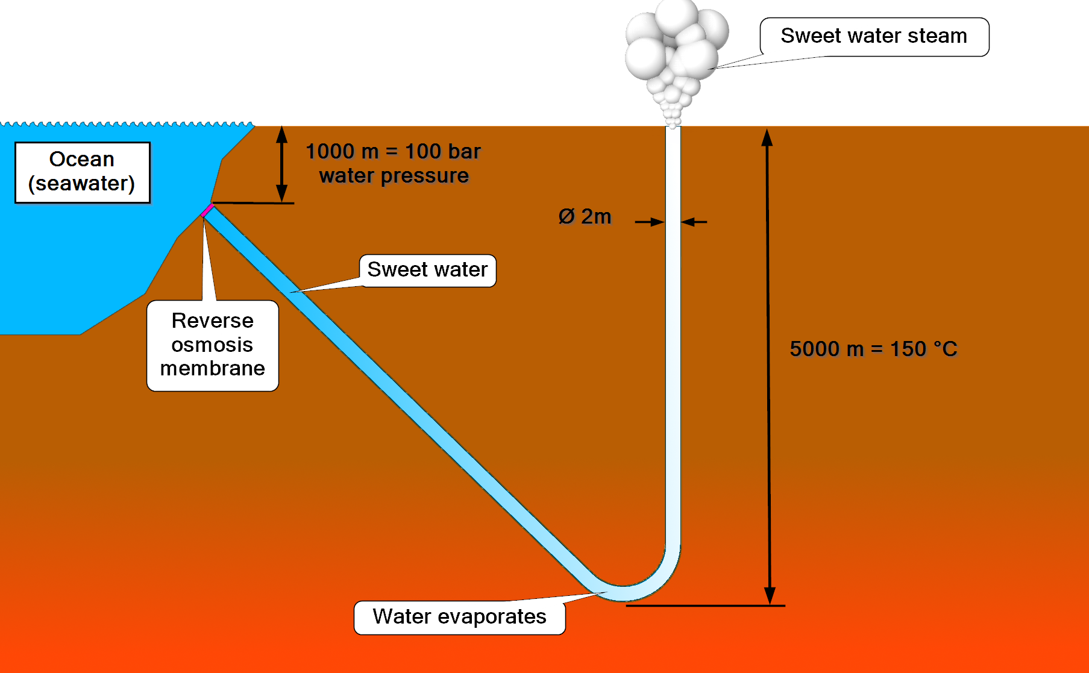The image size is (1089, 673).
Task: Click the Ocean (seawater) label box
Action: pyautogui.click(x=82, y=172)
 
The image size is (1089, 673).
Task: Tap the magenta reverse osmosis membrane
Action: pyautogui.click(x=207, y=210)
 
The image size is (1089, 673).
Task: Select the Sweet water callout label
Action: pyautogui.click(x=427, y=270)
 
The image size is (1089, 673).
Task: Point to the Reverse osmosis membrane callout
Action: pyautogui.click(x=212, y=345)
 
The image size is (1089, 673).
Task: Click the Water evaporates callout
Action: pyautogui.click(x=459, y=617)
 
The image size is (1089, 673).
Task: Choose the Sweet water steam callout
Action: pyautogui.click(x=874, y=36)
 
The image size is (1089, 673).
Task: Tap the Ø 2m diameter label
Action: pyautogui.click(x=585, y=217)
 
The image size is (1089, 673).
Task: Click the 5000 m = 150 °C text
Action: pyautogui.click(x=873, y=349)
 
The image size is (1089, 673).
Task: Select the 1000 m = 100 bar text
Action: pyautogui.click(x=393, y=151)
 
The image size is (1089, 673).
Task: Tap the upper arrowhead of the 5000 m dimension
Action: pyautogui.click(x=767, y=138)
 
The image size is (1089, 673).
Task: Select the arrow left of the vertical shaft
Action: pyautogui.click(x=651, y=222)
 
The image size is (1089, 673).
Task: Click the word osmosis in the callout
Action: pyautogui.click(x=212, y=345)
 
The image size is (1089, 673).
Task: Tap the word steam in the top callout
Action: pyautogui.click(x=937, y=36)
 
